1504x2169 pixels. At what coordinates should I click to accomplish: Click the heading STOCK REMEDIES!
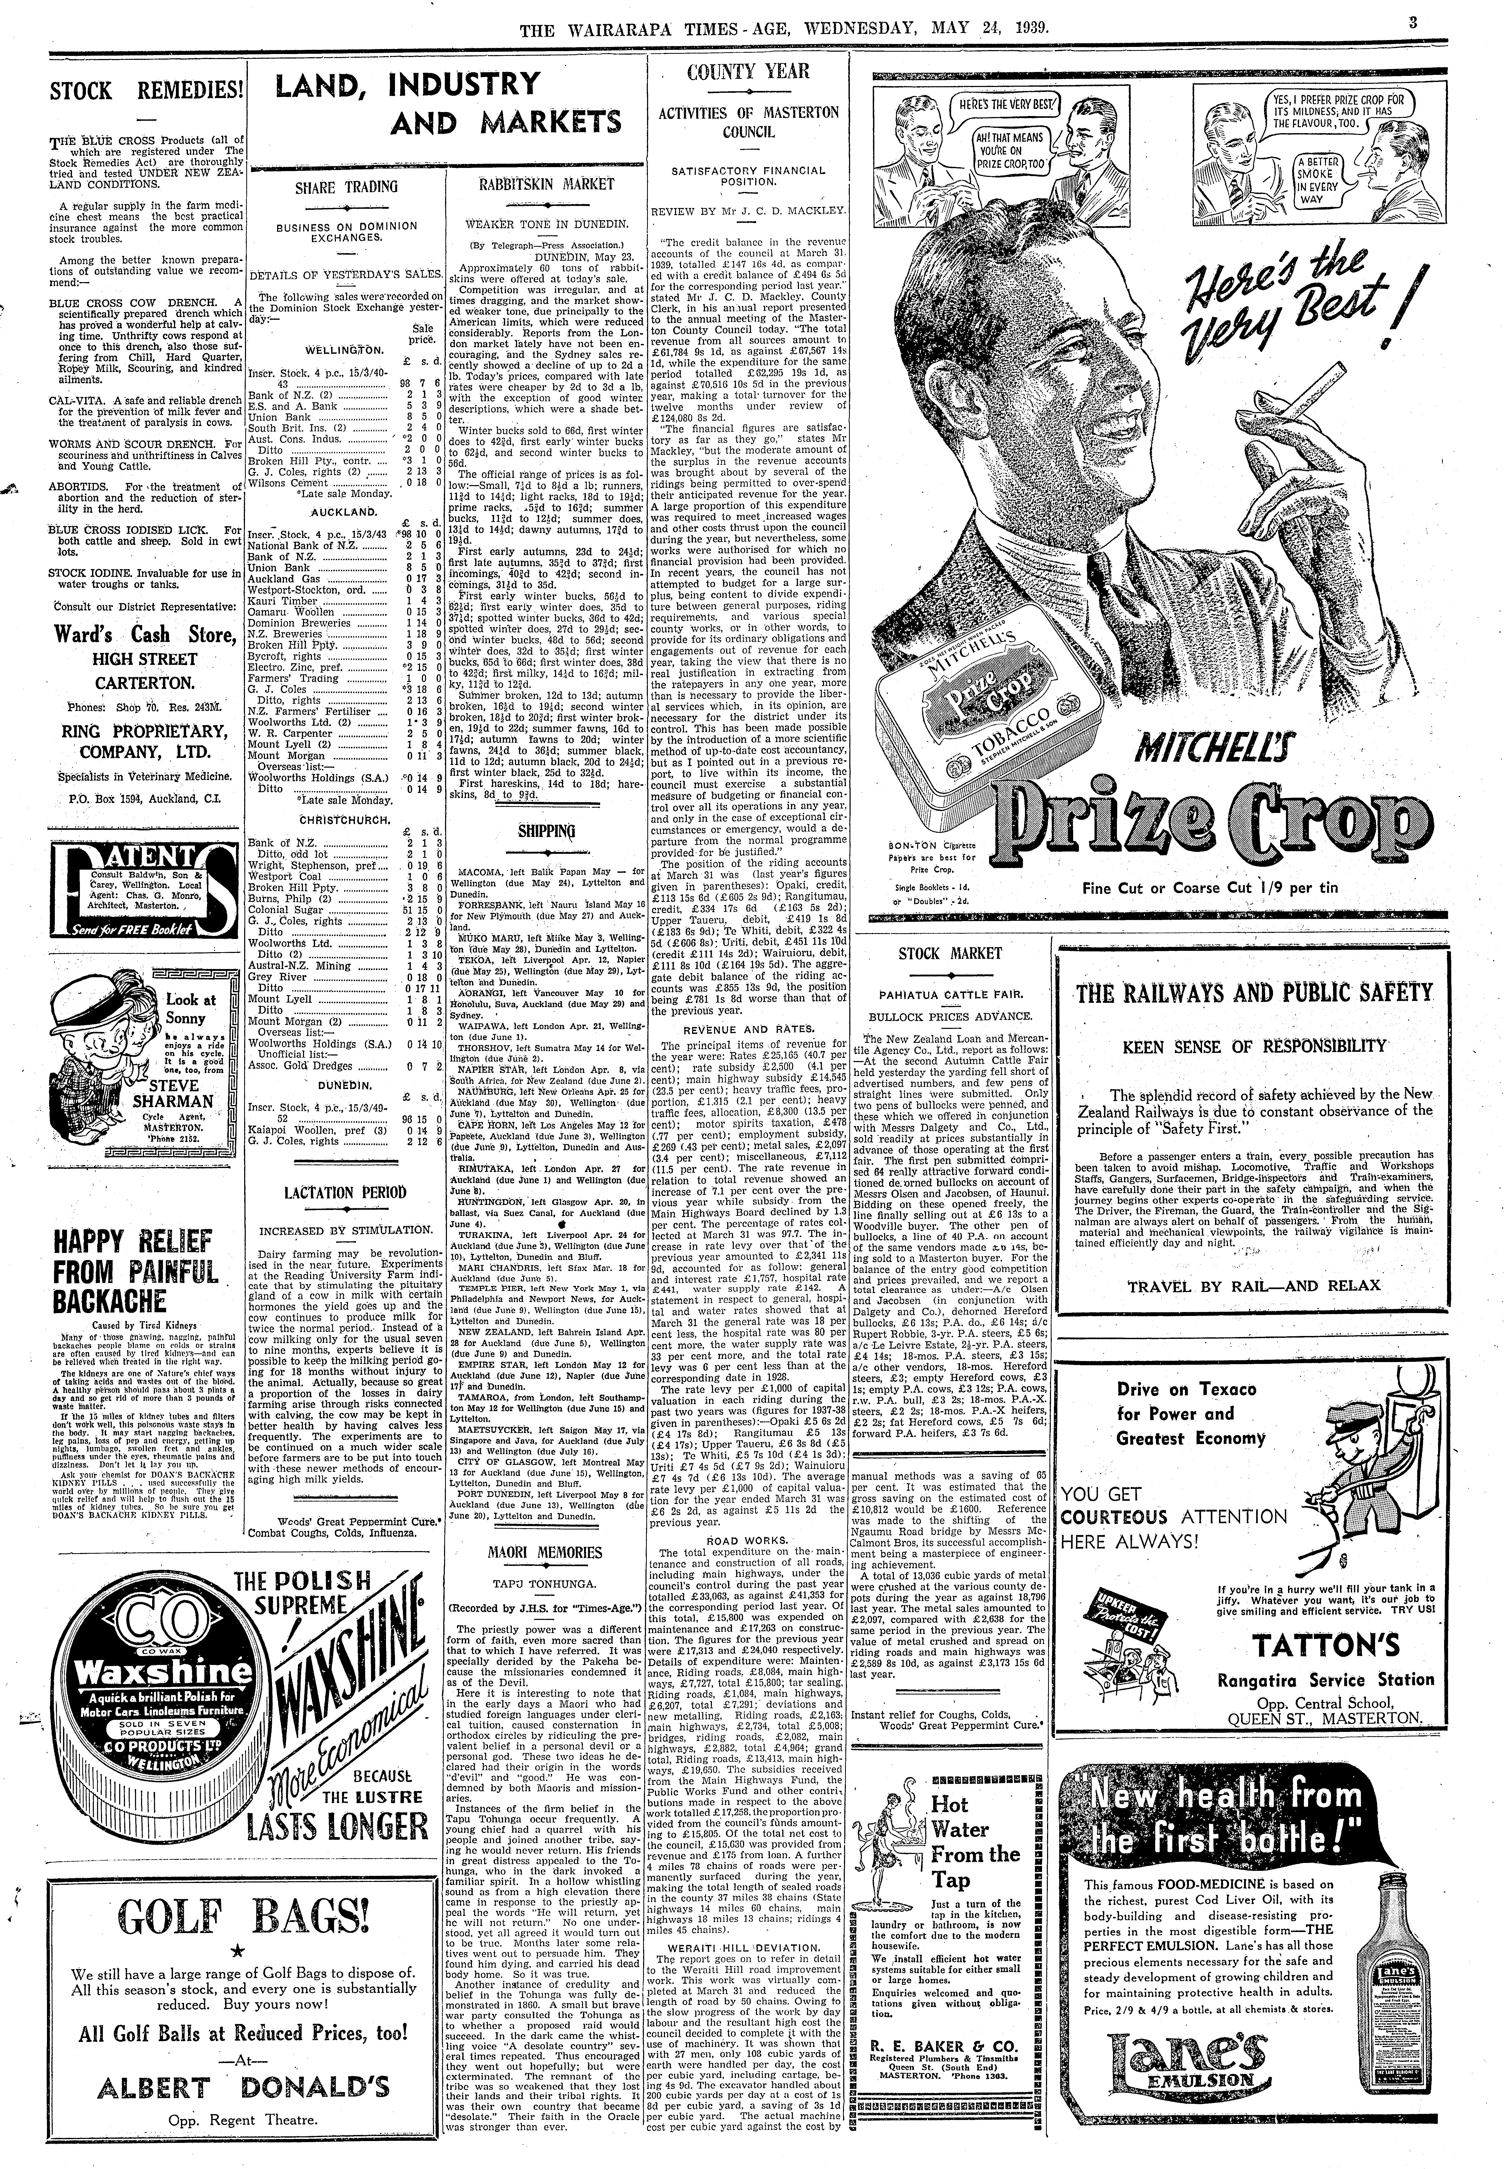[x=146, y=91]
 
